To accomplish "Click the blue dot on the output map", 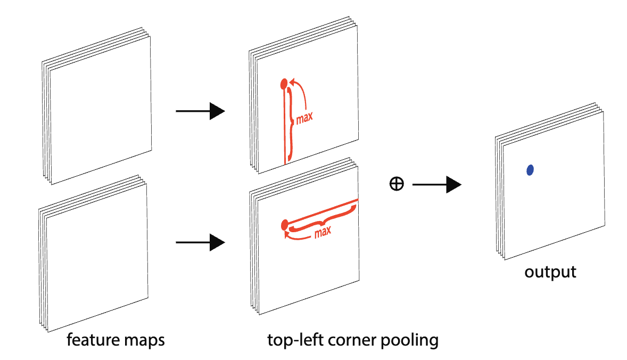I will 530,170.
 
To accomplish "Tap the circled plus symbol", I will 397,184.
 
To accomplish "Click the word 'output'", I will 550,272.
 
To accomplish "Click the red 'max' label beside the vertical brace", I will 304,117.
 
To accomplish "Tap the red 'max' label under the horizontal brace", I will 323,232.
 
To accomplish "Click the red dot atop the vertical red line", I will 284,83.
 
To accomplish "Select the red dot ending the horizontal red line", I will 284,224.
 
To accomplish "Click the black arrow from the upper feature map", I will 200,111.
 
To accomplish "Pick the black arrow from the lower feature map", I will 200,243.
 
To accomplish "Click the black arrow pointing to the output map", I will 436,184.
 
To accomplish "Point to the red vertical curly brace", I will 291,123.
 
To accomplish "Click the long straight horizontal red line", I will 325,211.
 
